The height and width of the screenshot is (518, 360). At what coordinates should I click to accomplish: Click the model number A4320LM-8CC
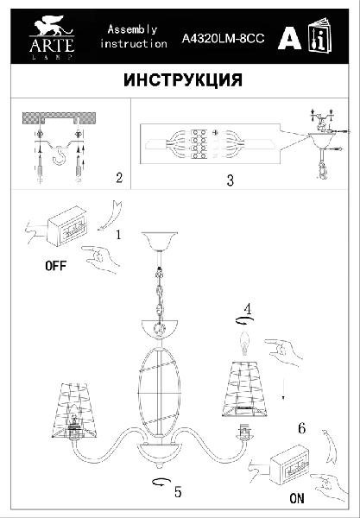223,39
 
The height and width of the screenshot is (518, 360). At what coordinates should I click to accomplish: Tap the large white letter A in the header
289,40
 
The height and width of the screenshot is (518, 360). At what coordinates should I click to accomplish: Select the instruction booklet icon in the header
319,35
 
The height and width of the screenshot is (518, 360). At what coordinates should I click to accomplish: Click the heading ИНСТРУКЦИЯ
183,80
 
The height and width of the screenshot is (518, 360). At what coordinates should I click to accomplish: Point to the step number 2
119,178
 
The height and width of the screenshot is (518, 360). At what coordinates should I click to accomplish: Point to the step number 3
231,180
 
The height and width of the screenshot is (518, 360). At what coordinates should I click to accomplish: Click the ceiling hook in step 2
59,155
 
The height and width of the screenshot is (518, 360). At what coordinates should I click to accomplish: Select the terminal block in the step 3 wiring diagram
199,144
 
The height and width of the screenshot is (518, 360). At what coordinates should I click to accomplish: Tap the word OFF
56,265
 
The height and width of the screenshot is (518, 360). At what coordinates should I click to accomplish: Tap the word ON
297,498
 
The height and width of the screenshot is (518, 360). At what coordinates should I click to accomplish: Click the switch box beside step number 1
67,226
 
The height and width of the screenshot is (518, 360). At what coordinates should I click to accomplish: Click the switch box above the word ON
290,464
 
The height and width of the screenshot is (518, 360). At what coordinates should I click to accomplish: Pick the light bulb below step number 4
244,344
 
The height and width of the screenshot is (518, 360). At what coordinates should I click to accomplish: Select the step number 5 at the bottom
178,492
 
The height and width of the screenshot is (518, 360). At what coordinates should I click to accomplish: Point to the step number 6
301,428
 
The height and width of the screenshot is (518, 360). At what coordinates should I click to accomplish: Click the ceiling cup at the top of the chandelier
159,242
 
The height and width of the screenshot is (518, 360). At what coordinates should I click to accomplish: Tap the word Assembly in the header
132,30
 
